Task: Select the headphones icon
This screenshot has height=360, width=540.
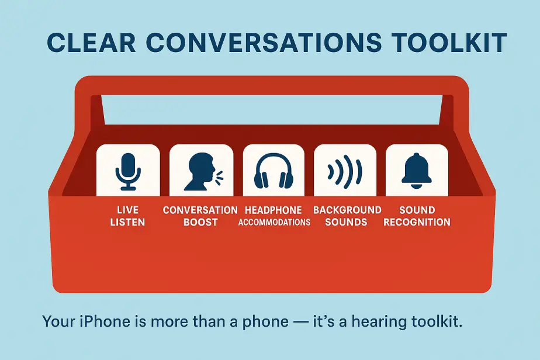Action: pos(274,171)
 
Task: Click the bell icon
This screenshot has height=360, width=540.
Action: pos(417,170)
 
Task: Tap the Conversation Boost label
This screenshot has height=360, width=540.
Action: pos(200,216)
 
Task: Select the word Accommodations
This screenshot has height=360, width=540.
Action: pos(274,223)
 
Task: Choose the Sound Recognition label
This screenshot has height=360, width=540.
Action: pos(417,216)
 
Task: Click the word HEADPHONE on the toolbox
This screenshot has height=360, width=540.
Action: pos(274,210)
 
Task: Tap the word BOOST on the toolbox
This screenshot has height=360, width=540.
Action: pos(200,222)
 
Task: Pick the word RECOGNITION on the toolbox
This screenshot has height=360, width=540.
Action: pos(417,222)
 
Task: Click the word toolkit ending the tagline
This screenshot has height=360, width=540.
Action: pos(433,321)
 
